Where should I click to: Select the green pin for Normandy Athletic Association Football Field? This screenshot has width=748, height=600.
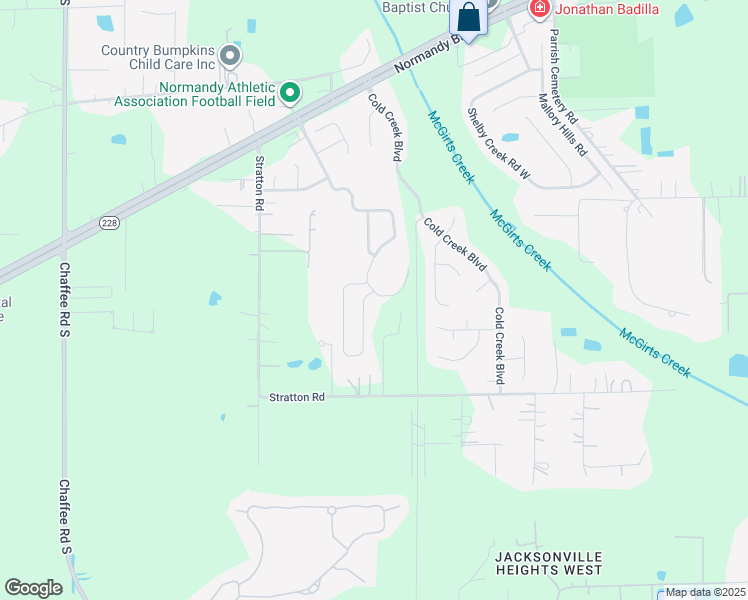click(290, 93)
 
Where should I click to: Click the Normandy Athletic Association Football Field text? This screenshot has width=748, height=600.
click(195, 94)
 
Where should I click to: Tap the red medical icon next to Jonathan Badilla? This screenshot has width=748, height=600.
click(540, 9)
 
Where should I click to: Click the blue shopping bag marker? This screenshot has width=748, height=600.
click(468, 17)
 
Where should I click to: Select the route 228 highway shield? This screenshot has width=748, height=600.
click(110, 224)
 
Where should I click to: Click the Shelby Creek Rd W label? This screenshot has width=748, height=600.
click(498, 145)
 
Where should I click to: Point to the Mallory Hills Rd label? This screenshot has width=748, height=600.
click(562, 125)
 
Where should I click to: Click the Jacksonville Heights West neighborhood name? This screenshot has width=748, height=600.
click(549, 562)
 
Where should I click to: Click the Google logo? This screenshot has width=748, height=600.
click(33, 588)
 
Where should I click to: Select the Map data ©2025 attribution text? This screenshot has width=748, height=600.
click(705, 592)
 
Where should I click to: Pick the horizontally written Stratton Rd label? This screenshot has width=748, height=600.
click(297, 397)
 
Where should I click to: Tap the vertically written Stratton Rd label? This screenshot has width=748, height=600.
click(258, 183)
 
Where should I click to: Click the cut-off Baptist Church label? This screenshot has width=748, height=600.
click(415, 6)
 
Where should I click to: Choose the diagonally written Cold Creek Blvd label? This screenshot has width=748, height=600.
click(454, 245)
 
